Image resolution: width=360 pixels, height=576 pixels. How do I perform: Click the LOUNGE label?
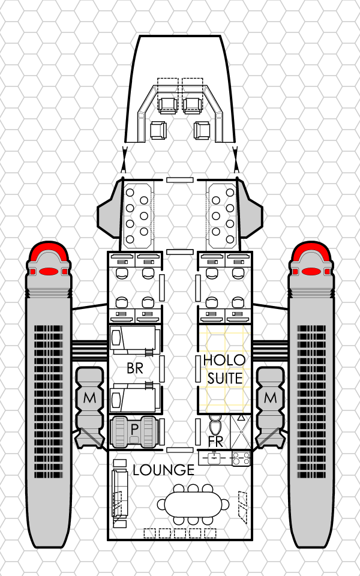[163, 470]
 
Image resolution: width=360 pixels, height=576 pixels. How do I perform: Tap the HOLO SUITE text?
[224, 369]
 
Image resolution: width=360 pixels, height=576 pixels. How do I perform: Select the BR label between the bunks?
[135, 368]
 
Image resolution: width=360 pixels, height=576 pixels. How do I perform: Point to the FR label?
[215, 442]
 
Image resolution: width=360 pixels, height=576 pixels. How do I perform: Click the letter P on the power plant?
[134, 429]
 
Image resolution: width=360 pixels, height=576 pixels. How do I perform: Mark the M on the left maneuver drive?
[89, 398]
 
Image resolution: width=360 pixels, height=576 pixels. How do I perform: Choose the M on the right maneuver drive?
[271, 398]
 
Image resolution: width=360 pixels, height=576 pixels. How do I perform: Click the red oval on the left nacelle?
[49, 272]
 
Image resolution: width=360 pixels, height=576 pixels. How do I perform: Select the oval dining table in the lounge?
[193, 505]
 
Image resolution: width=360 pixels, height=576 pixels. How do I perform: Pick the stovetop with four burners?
[241, 458]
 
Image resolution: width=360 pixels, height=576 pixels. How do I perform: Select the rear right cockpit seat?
[202, 130]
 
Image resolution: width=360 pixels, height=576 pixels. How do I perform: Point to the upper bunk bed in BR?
[135, 340]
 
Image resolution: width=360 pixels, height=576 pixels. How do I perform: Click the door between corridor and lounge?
[179, 450]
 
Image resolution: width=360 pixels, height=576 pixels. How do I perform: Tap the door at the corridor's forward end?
[179, 180]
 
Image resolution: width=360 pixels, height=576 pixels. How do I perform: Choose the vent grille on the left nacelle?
[49, 401]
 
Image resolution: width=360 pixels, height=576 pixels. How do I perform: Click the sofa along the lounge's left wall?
[119, 493]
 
